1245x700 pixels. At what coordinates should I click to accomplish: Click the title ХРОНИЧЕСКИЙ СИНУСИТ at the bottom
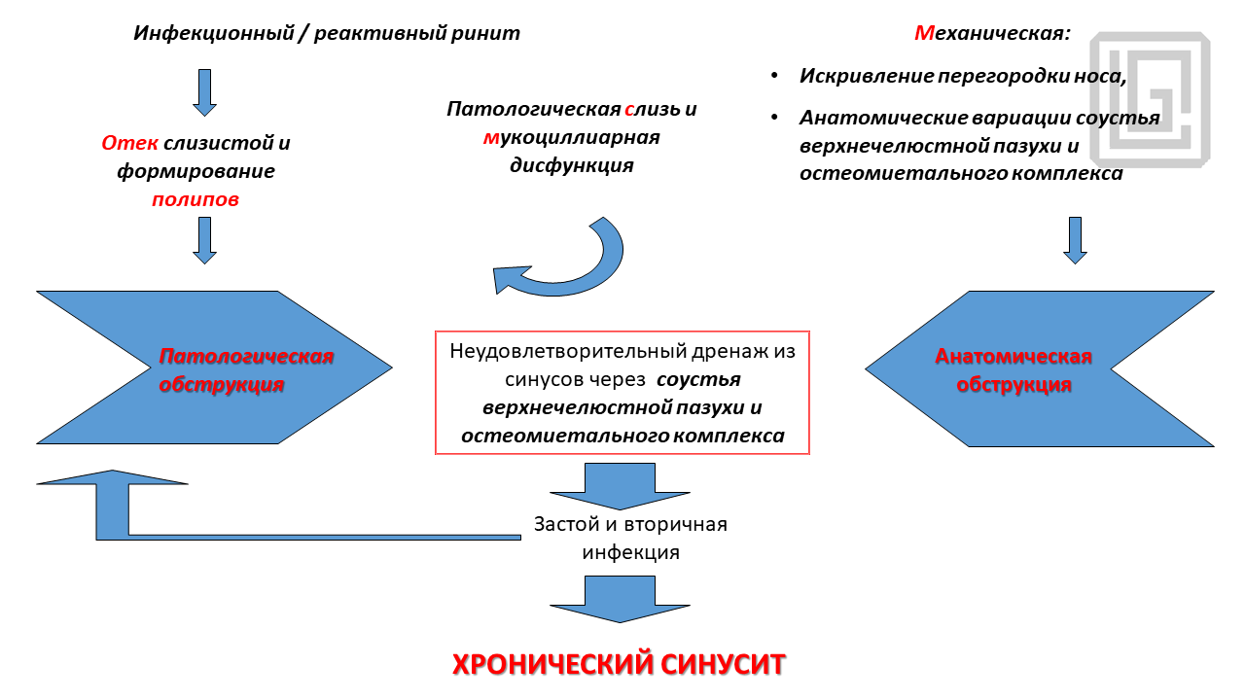(x=619, y=665)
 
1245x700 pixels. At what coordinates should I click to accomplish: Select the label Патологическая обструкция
(x=246, y=369)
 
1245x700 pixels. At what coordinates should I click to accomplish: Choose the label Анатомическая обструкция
(x=1014, y=369)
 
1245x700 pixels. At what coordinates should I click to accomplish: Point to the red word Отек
(x=130, y=144)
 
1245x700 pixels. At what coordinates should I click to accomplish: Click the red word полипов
(x=195, y=200)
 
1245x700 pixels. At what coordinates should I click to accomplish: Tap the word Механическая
(x=991, y=33)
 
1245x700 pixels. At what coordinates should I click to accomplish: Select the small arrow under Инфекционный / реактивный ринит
(x=204, y=92)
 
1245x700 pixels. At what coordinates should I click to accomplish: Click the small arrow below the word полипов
(x=204, y=240)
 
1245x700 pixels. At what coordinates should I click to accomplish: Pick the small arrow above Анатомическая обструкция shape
(x=1074, y=240)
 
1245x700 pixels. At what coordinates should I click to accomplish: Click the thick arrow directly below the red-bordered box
(x=620, y=486)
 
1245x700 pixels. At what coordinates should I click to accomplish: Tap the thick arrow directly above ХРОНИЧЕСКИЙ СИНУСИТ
(x=620, y=599)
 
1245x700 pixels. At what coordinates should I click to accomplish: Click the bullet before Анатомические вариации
(x=774, y=118)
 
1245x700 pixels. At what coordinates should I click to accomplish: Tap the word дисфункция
(x=572, y=165)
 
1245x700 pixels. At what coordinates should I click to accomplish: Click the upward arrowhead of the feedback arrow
(x=112, y=478)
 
